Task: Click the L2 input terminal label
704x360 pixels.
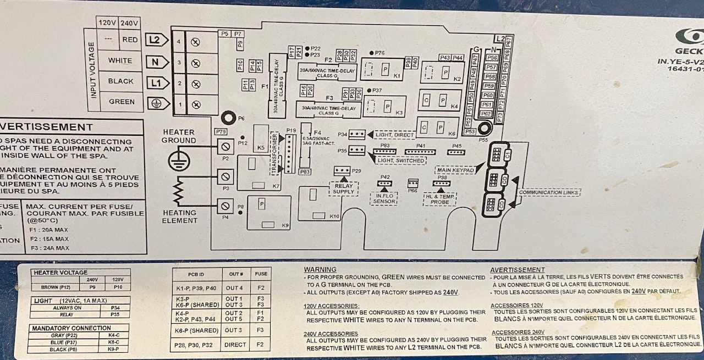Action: pyautogui.click(x=155, y=40)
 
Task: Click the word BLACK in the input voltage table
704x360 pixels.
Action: pyautogui.click(x=120, y=81)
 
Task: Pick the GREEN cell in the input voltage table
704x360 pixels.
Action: pyautogui.click(x=122, y=102)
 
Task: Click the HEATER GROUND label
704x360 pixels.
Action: pyautogui.click(x=178, y=136)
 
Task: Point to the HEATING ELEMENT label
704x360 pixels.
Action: pyautogui.click(x=179, y=217)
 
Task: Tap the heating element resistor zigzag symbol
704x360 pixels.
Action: pyautogui.click(x=178, y=192)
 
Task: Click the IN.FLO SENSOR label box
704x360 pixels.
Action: pyautogui.click(x=385, y=198)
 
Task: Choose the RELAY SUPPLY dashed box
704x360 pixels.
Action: pyautogui.click(x=344, y=188)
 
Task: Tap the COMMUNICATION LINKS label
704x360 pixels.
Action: pyautogui.click(x=548, y=193)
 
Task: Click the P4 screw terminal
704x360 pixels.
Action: pyautogui.click(x=224, y=207)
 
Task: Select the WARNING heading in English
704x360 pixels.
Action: pyautogui.click(x=320, y=269)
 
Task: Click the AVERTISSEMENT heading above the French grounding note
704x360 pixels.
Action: pyautogui.click(x=517, y=270)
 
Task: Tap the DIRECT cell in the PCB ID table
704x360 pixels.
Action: pyautogui.click(x=235, y=345)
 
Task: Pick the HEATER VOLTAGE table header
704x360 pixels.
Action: pyautogui.click(x=61, y=273)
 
